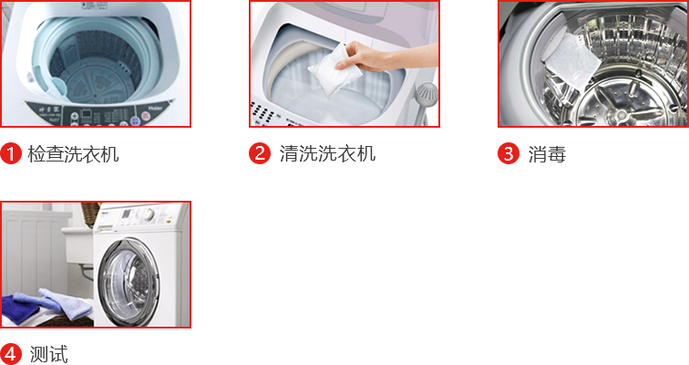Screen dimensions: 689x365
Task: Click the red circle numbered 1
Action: click(11, 153)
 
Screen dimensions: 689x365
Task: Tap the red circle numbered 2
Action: click(260, 153)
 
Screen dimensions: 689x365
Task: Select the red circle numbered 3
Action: click(509, 153)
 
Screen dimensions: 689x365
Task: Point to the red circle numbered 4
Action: click(11, 354)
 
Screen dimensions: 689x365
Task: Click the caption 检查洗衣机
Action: click(73, 154)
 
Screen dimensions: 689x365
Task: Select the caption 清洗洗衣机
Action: click(327, 153)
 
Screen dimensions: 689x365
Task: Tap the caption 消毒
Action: click(547, 154)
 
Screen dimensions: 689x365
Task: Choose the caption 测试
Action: click(49, 354)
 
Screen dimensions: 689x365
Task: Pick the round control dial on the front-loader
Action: click(149, 214)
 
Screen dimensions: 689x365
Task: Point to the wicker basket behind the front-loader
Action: click(91, 214)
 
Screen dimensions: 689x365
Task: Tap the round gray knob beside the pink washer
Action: click(427, 93)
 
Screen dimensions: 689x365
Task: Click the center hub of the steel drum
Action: click(621, 115)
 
